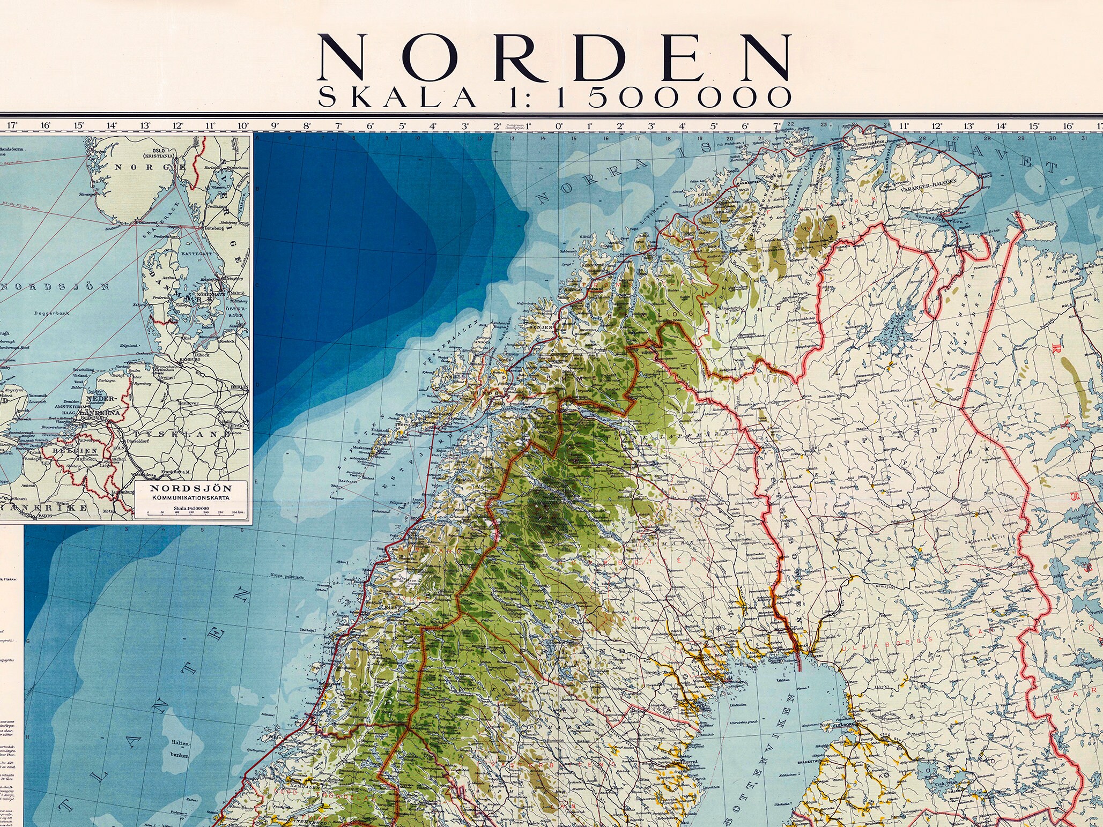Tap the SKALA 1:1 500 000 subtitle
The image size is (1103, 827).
pos(554,97)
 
